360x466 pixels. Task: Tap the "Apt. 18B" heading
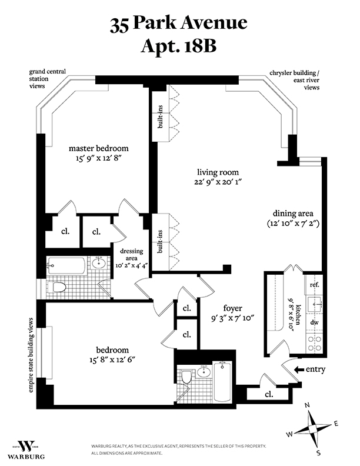[179, 46]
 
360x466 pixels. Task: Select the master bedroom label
[98, 148]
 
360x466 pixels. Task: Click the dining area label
[292, 213]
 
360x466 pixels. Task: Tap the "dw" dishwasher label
[314, 323]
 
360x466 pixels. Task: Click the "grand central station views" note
[48, 79]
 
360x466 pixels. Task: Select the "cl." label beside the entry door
[268, 394]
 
